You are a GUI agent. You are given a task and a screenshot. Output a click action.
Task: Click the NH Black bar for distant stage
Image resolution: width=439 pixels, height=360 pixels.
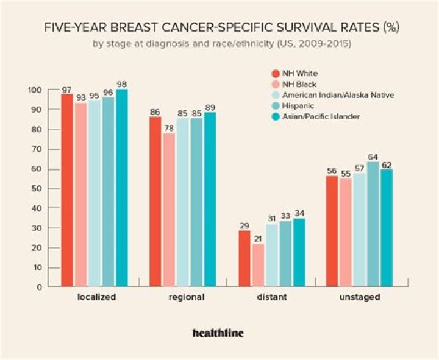(x=257, y=265)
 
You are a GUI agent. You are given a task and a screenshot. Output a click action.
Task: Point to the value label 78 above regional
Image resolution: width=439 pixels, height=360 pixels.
(x=168, y=128)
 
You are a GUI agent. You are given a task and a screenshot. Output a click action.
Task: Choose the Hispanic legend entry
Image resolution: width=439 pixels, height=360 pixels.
(x=295, y=105)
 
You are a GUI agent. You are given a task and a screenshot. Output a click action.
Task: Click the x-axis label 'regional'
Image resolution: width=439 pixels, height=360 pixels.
(x=186, y=298)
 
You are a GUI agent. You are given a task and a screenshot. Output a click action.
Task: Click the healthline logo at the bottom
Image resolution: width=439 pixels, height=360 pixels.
(x=218, y=333)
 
